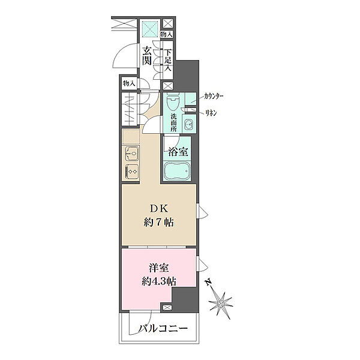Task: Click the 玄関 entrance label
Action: coord(146,55)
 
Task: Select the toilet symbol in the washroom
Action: coord(173,101)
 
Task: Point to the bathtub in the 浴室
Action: coord(176,172)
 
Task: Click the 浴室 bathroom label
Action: coord(178,152)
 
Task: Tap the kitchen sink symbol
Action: coord(131,153)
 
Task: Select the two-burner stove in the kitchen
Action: coord(131,171)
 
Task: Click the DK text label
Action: coord(159,209)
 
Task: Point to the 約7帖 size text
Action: coord(158,222)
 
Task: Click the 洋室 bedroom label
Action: coord(159,268)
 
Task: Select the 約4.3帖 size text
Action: coord(159,281)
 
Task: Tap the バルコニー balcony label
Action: coord(163,329)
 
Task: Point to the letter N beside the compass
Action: coord(208,282)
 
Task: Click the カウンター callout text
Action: coord(214,97)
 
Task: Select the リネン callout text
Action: coord(211,113)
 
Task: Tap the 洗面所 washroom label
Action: coord(173,122)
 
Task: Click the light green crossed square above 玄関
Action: coord(150,29)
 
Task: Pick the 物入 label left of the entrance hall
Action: coord(128,83)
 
